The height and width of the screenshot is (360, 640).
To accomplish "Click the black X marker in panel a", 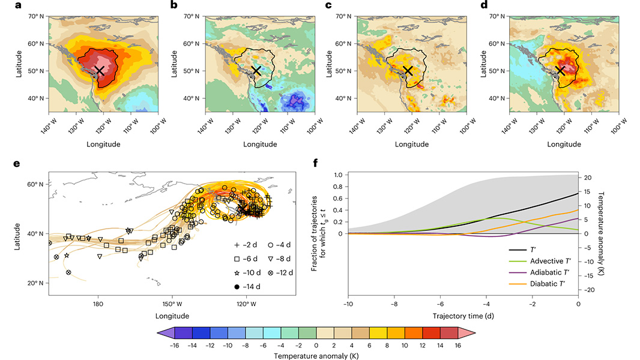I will pyautogui.click(x=100, y=71).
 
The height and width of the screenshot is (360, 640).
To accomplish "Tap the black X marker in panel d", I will pyautogui.click(x=561, y=71).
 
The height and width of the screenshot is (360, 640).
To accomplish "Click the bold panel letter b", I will pyautogui.click(x=174, y=5).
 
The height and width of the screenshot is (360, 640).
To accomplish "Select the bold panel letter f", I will pyautogui.click(x=315, y=162).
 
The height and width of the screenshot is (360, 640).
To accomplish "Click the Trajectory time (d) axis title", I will pyautogui.click(x=463, y=315).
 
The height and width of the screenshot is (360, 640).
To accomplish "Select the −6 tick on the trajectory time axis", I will pyautogui.click(x=440, y=304).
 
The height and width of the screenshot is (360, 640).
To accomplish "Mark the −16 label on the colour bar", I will pyautogui.click(x=175, y=346).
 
